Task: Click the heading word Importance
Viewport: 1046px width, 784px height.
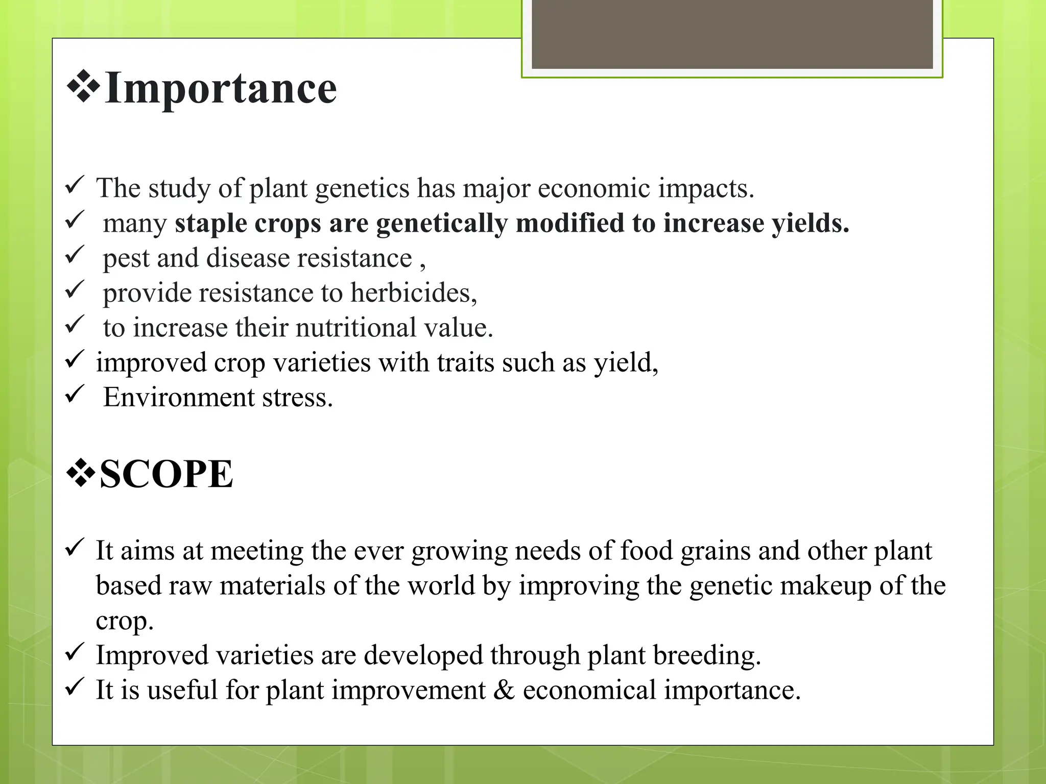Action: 221,88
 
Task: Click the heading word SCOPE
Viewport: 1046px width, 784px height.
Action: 166,474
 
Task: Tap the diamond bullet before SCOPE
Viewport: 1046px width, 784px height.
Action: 81,473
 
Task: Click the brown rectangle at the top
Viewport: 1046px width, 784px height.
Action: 732,34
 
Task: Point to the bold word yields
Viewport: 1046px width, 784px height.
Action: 810,224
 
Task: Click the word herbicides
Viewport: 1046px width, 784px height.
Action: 413,293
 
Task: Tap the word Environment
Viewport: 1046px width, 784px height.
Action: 178,398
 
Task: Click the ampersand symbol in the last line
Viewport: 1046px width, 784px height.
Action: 504,690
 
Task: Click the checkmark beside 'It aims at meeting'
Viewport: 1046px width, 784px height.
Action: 75,548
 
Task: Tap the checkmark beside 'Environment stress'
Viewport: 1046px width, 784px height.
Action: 75,395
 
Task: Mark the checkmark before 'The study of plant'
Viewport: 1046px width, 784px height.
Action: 75,185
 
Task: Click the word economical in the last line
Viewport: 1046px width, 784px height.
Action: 589,690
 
